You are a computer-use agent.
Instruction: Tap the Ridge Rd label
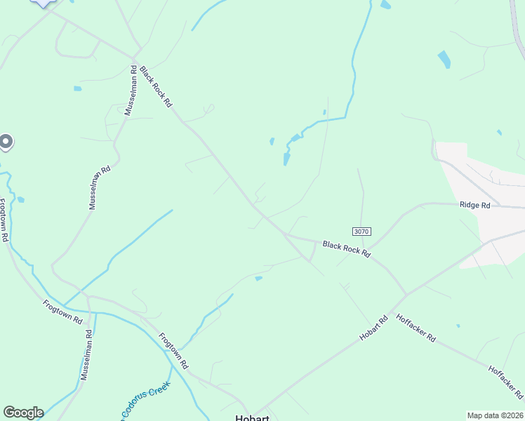coord(475,205)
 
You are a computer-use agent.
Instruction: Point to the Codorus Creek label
coord(142,401)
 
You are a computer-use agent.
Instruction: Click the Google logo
coord(23,412)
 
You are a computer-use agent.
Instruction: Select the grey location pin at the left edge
coord(5,142)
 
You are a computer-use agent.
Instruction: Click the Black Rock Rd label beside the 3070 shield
coord(346,248)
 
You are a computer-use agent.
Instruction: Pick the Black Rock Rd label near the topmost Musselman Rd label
coord(156,86)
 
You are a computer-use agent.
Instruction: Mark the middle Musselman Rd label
coord(100,187)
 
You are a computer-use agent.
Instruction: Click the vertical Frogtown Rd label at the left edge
coord(4,220)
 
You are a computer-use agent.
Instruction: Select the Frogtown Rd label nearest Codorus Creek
coord(173,350)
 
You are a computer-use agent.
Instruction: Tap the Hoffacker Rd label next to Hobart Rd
coord(416,328)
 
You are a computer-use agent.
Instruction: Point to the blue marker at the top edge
coord(44,3)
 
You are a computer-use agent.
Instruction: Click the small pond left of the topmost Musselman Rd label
coord(77,88)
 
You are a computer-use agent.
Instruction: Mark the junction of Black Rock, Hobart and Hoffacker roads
coord(406,293)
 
